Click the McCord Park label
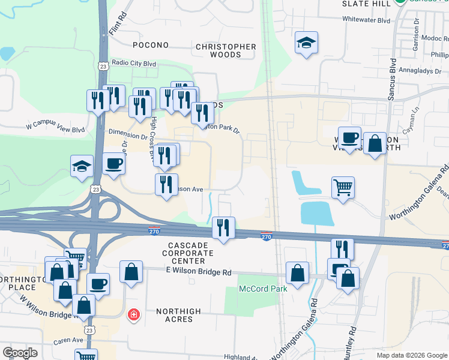(x=263, y=289)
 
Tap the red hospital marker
(x=134, y=314)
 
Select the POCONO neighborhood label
(x=151, y=45)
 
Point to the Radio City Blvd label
(x=133, y=63)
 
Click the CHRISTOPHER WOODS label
(x=226, y=50)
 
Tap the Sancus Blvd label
(x=392, y=79)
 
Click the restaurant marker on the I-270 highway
(x=223, y=228)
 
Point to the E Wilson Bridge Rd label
(x=199, y=272)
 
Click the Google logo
(x=20, y=352)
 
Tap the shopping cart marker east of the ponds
(x=343, y=187)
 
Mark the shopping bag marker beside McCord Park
(x=297, y=274)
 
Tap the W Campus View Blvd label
(x=55, y=129)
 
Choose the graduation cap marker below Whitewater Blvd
(x=306, y=43)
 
